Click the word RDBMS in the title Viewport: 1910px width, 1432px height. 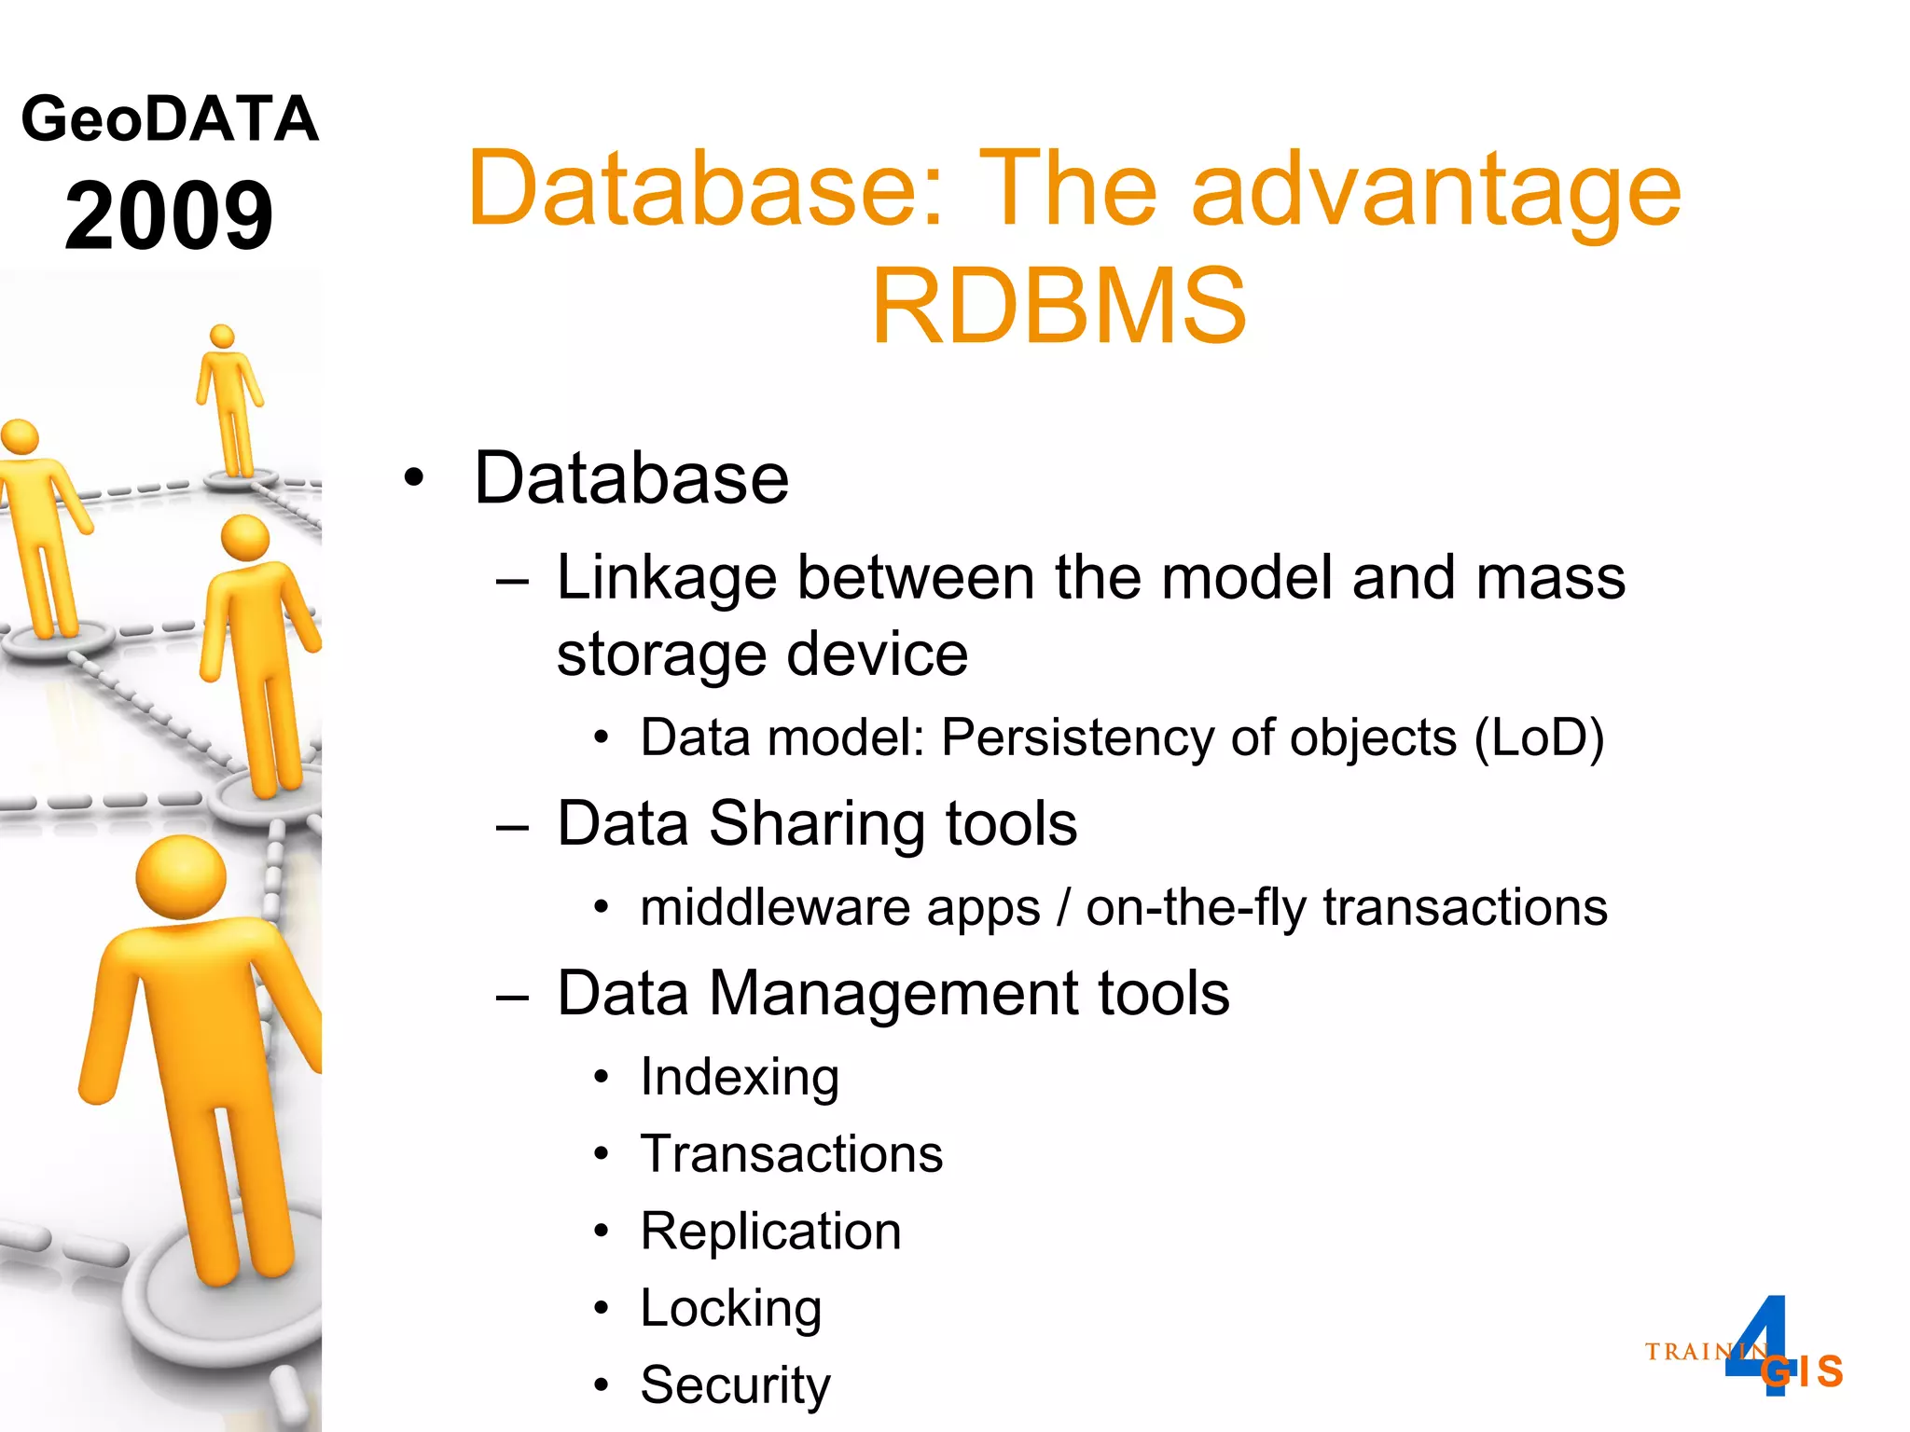(1059, 306)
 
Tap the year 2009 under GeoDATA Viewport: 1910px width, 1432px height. (169, 216)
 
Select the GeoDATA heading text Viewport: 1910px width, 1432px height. (170, 119)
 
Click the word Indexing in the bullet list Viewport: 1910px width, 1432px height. (740, 1077)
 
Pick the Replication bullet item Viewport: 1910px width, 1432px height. (770, 1231)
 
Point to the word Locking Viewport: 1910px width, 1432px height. (730, 1308)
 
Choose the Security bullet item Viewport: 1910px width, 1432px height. (735, 1384)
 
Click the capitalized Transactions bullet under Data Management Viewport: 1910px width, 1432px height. (791, 1154)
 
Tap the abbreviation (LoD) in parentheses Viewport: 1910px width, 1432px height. (1539, 738)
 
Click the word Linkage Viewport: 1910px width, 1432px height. (666, 578)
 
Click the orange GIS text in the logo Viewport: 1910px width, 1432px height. (1805, 1371)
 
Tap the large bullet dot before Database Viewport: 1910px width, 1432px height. (414, 478)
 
